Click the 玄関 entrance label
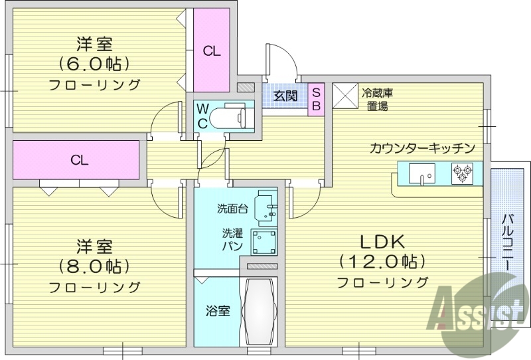(285, 96)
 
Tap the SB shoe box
(316, 98)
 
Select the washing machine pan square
(264, 241)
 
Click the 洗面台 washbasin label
(232, 209)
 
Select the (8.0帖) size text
(93, 266)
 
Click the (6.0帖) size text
(93, 64)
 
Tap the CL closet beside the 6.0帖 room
(212, 50)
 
